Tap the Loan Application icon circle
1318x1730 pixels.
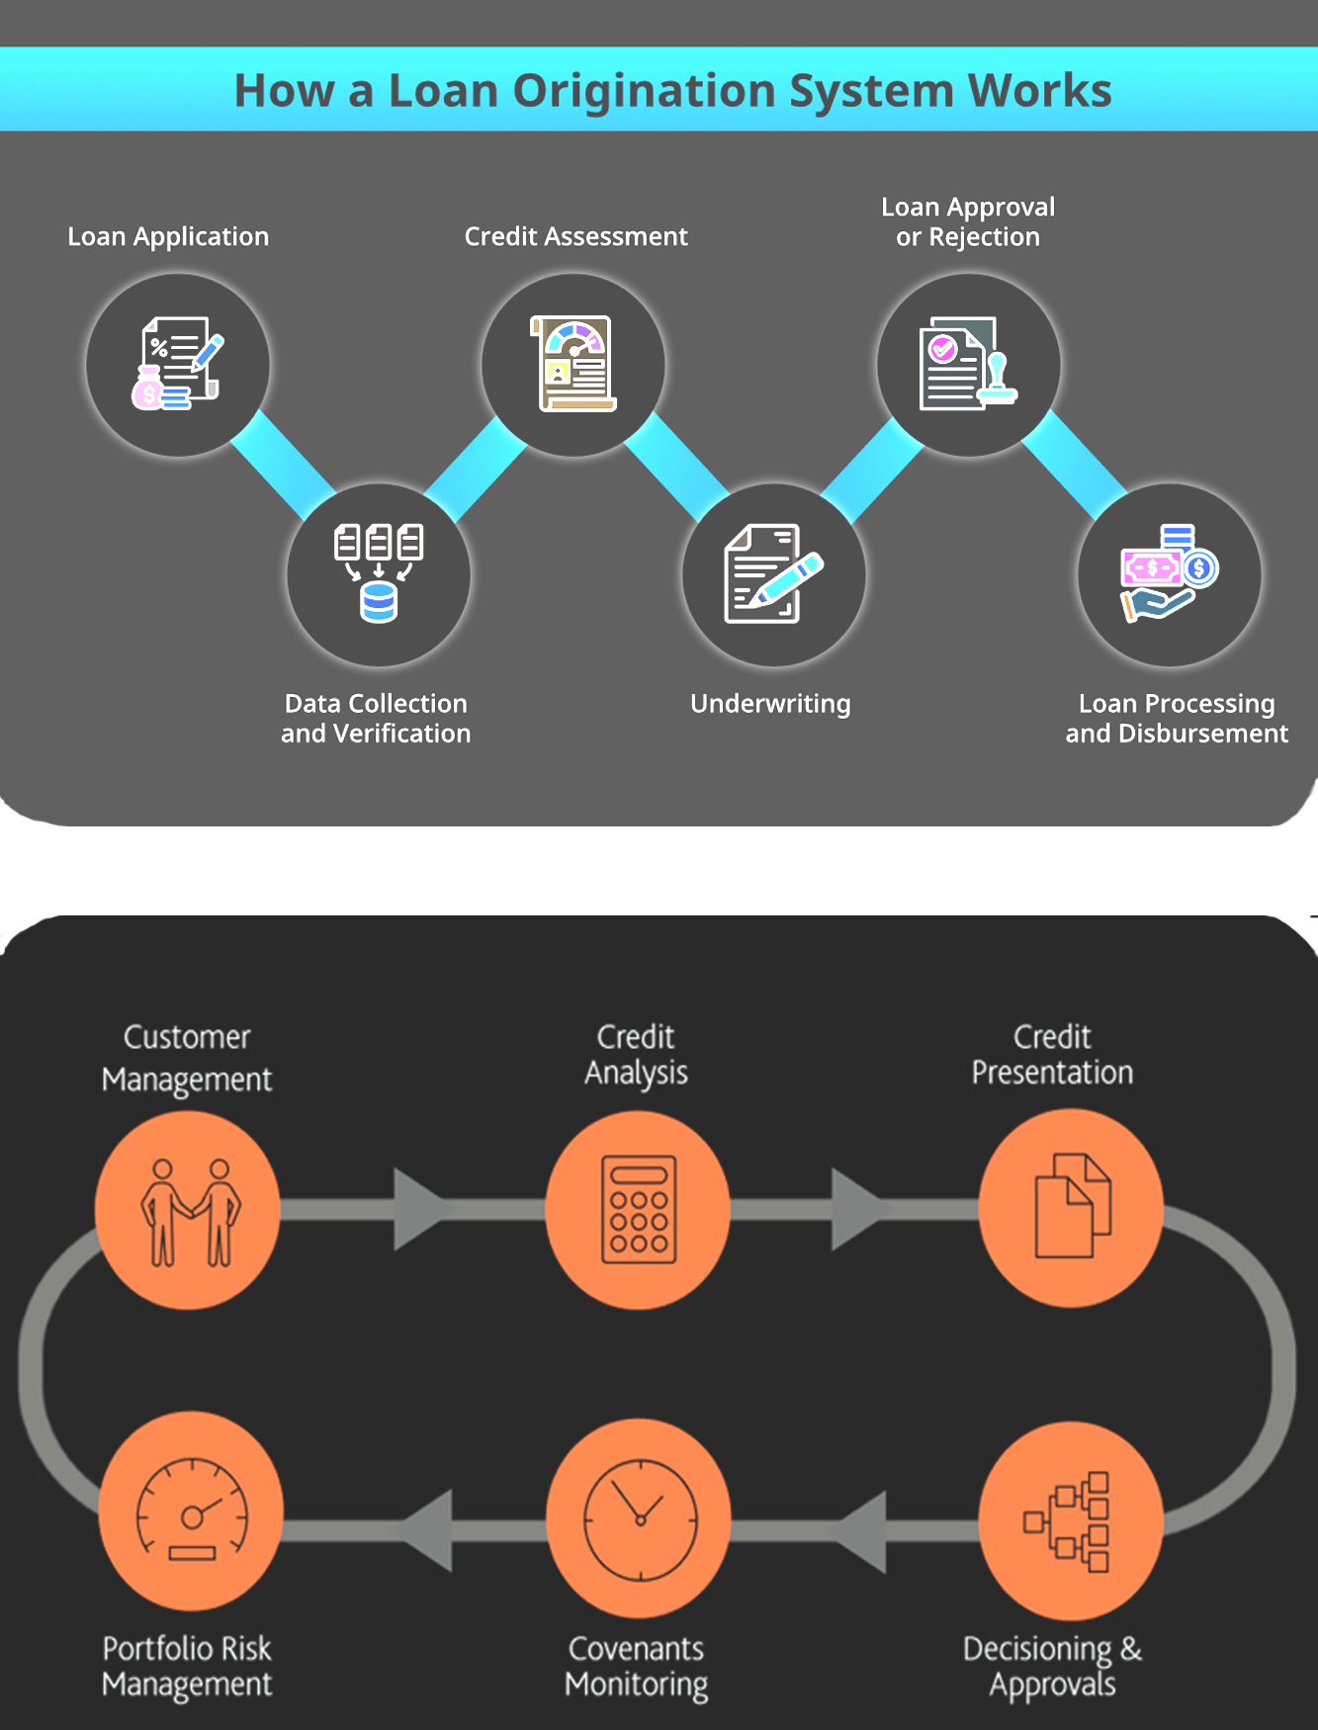click(x=178, y=365)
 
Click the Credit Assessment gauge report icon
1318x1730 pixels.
click(x=573, y=364)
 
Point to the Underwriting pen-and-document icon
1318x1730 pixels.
click(x=774, y=573)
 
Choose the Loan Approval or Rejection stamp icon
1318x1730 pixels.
click(x=968, y=364)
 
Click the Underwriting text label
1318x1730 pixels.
click(x=770, y=704)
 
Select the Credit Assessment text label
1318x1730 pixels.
click(x=575, y=236)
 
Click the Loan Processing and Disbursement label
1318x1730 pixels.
click(x=1177, y=719)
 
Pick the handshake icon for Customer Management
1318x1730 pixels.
click(x=189, y=1211)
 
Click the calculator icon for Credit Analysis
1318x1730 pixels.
click(x=639, y=1209)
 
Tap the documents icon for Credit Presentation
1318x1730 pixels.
click(x=1072, y=1206)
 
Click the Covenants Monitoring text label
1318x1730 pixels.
click(x=636, y=1667)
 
